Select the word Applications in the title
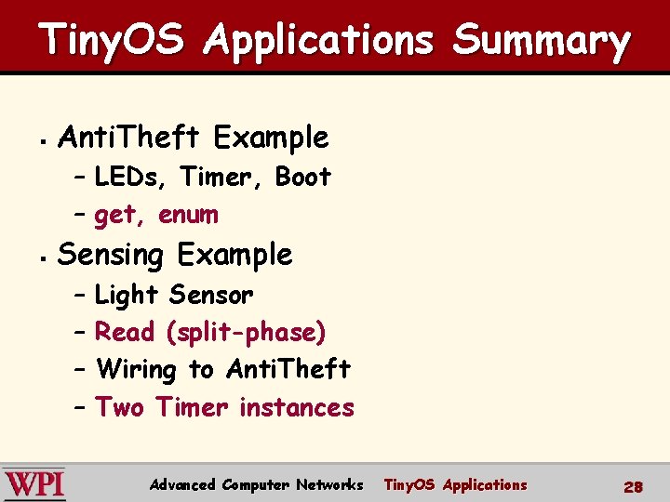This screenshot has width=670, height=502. point(320,42)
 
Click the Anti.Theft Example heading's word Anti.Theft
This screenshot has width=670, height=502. point(128,138)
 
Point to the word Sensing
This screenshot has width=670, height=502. point(110,255)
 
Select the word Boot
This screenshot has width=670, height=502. point(302,177)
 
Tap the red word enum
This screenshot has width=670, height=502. point(188,215)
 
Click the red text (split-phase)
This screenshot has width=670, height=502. point(246,332)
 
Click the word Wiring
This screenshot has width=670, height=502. point(136,370)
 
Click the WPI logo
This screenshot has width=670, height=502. point(34,484)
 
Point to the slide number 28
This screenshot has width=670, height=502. point(634,486)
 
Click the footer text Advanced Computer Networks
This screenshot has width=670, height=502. point(256,484)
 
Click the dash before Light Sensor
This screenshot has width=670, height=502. point(78,296)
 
